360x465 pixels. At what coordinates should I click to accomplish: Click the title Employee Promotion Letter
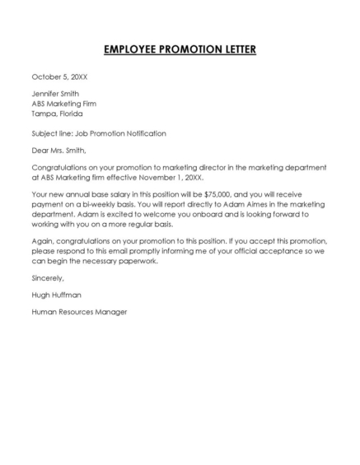coord(180,50)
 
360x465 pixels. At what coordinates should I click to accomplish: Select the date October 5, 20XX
coord(59,77)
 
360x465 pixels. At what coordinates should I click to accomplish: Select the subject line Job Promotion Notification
coord(99,133)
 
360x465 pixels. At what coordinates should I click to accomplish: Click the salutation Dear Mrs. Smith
coord(58,151)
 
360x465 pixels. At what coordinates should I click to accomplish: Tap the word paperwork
coord(133,262)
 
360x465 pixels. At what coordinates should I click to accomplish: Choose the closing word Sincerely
coord(48,279)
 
